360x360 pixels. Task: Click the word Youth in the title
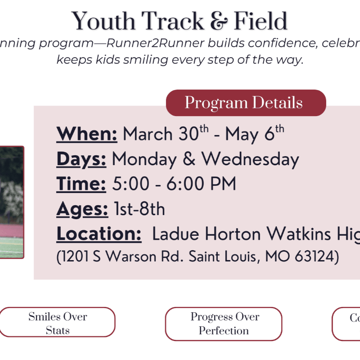tap(103, 21)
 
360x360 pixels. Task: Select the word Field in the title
tap(260, 21)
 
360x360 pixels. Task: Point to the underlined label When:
tap(87, 134)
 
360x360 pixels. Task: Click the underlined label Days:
tap(81, 159)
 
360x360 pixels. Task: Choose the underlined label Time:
tap(81, 184)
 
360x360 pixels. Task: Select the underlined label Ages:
tap(82, 209)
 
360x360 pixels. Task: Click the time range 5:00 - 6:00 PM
tap(173, 184)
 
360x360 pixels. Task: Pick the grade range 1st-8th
tap(139, 209)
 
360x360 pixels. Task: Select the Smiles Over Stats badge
tap(58, 323)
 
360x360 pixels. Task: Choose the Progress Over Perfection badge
tap(224, 324)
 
